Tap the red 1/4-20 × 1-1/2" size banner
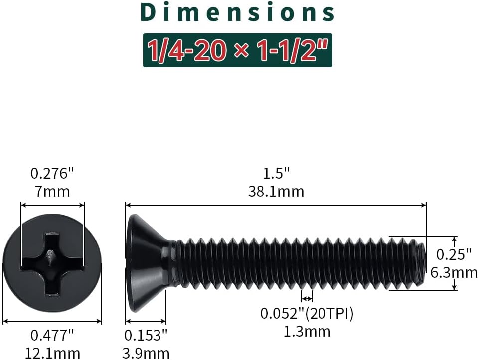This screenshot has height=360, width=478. [237, 50]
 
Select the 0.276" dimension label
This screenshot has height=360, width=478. [52, 174]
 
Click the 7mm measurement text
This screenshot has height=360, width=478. [52, 192]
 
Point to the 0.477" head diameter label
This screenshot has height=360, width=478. [52, 335]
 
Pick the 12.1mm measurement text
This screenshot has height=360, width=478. [52, 354]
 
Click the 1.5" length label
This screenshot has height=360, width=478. [276, 174]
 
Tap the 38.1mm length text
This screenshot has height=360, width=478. [276, 192]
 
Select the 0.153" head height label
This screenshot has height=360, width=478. [146, 335]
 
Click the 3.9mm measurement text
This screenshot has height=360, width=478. [146, 354]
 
